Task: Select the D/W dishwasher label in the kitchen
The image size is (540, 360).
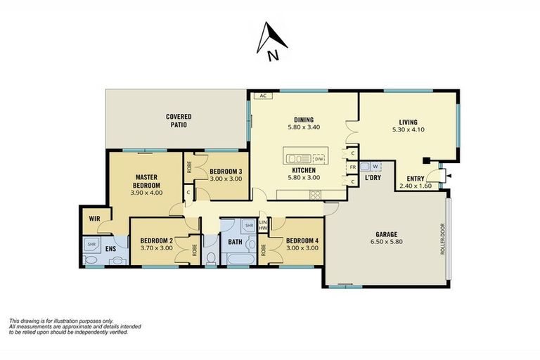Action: (319, 159)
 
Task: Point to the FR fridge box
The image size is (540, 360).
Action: (353, 167)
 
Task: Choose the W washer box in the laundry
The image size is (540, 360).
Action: (375, 167)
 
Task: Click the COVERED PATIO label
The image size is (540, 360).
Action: (179, 120)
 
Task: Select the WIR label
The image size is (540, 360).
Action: (94, 219)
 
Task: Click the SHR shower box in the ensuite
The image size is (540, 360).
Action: (91, 244)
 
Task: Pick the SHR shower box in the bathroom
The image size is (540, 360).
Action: (248, 226)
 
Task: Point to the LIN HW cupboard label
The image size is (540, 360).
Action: (264, 226)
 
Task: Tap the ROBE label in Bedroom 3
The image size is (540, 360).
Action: (189, 167)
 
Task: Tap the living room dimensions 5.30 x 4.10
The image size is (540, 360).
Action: (408, 129)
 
